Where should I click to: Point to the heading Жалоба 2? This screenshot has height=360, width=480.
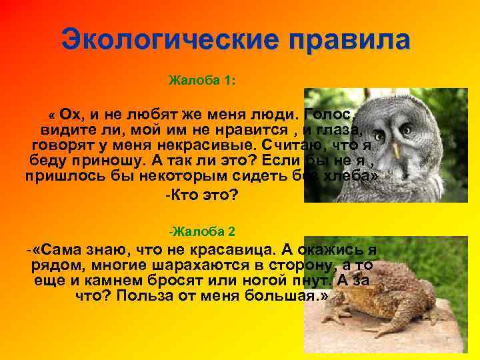pos(203,232)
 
